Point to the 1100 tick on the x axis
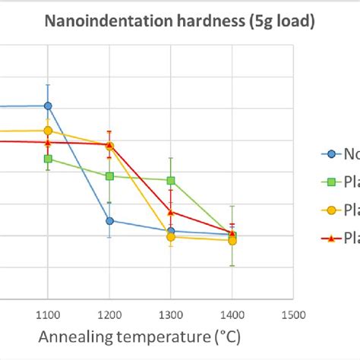click(x=48, y=314)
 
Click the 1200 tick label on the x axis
click(x=109, y=314)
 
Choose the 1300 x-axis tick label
click(x=170, y=314)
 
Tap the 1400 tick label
click(x=232, y=314)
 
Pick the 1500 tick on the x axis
click(x=292, y=314)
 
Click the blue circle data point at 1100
click(x=48, y=106)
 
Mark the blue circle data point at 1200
click(x=109, y=221)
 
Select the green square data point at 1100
click(x=48, y=159)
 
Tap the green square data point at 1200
click(x=109, y=176)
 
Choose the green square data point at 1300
click(x=171, y=181)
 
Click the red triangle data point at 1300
click(x=171, y=213)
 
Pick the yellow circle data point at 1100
click(x=48, y=131)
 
